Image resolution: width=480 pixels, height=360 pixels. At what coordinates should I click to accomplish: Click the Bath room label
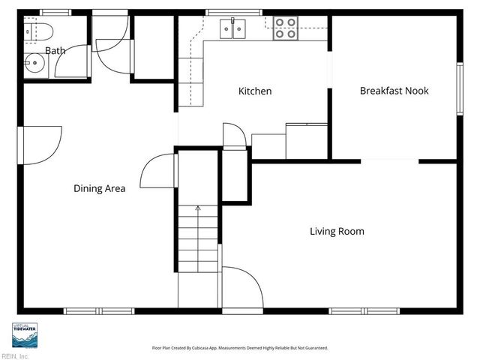click(x=55, y=51)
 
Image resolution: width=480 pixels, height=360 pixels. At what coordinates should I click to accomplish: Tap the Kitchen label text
click(x=255, y=91)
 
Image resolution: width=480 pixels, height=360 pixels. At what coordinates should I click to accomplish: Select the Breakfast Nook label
click(x=394, y=91)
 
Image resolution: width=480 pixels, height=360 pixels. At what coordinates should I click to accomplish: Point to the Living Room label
click(x=337, y=231)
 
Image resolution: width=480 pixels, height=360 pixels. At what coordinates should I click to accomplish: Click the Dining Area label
click(x=99, y=189)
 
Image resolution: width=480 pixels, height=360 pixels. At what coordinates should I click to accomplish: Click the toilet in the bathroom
click(x=37, y=31)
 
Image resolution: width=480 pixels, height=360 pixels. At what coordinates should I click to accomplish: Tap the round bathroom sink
click(x=32, y=63)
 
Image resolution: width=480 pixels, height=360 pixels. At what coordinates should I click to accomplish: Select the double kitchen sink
click(x=233, y=29)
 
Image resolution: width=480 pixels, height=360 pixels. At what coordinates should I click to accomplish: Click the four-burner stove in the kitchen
click(x=285, y=28)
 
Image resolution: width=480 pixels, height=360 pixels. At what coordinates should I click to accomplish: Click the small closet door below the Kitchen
click(x=234, y=136)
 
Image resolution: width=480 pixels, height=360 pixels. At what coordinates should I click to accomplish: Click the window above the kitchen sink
click(x=229, y=12)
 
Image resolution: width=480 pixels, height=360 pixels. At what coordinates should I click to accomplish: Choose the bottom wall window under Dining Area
click(x=98, y=310)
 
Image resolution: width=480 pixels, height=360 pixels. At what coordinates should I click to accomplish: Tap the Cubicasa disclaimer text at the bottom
click(x=240, y=348)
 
